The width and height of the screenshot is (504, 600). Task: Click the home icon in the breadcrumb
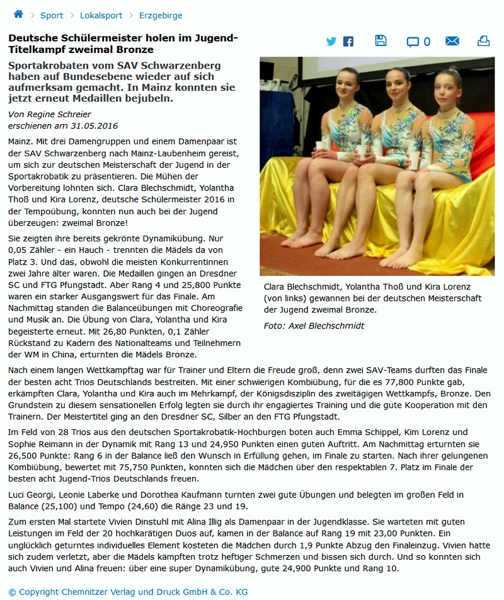(18, 14)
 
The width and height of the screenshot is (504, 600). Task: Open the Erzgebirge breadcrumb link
(161, 15)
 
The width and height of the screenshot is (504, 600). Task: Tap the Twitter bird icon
(331, 42)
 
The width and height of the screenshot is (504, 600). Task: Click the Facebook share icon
(348, 42)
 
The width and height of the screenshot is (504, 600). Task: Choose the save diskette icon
(381, 41)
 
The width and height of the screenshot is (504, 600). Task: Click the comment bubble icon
(413, 42)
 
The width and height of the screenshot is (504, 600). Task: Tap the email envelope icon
(452, 42)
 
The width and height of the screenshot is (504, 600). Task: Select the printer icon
(483, 41)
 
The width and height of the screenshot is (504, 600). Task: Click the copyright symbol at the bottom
(13, 592)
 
